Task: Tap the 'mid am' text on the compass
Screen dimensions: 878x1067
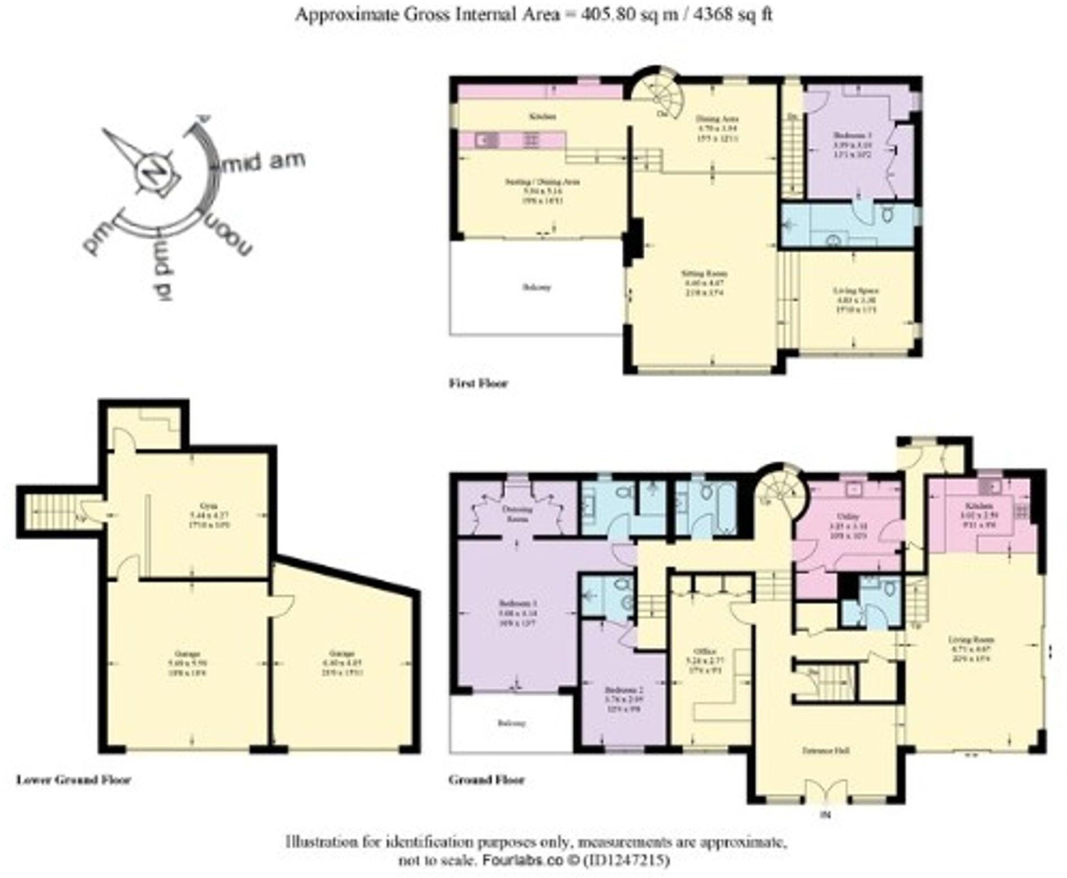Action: tap(263, 162)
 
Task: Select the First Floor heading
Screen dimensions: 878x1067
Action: tap(478, 384)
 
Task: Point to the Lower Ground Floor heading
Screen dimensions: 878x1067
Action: tap(73, 780)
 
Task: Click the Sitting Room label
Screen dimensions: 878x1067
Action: tap(704, 274)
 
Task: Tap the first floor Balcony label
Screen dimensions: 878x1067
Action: tap(536, 288)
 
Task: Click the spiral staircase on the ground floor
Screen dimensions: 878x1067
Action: tap(781, 492)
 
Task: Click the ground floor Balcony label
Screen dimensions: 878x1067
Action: tap(512, 723)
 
